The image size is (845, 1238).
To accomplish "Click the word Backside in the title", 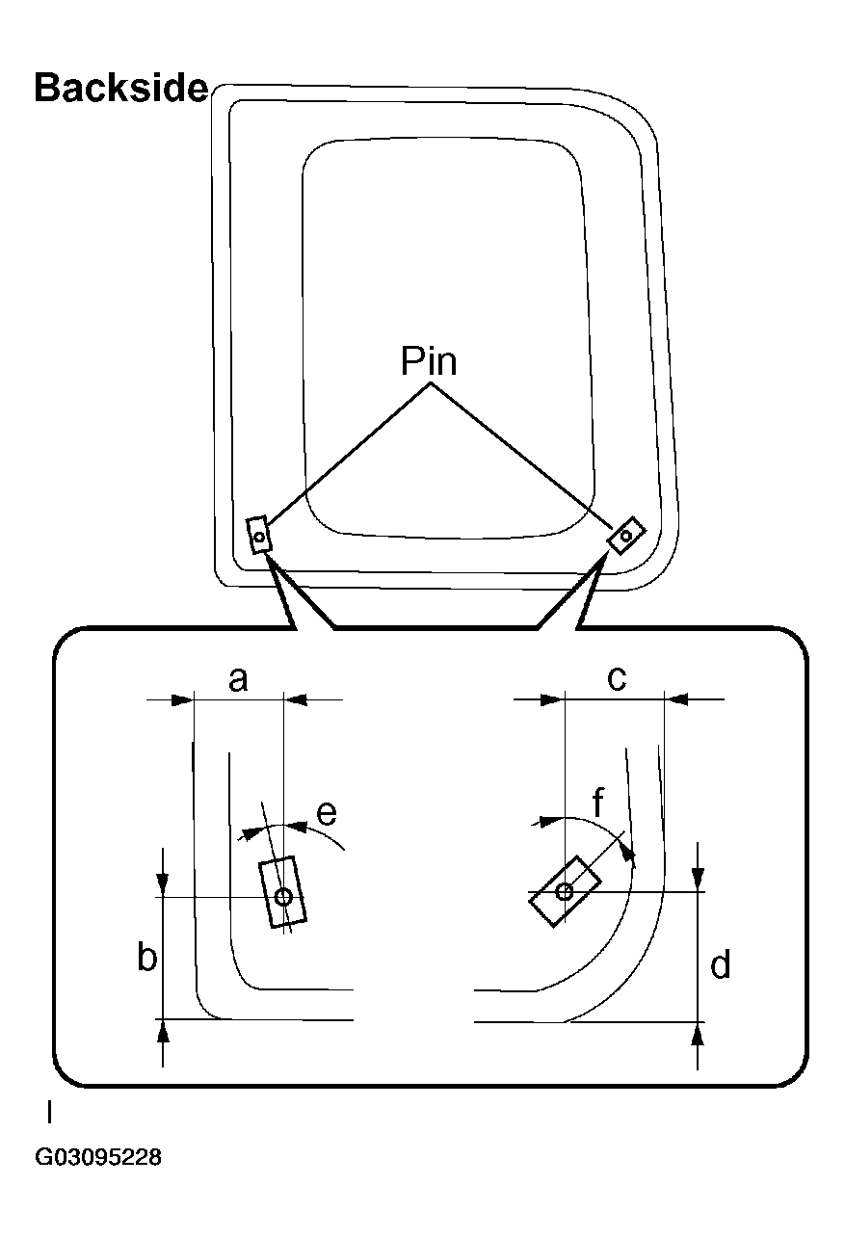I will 120,88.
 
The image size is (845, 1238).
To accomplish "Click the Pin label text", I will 429,361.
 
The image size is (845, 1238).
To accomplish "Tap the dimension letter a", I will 238,680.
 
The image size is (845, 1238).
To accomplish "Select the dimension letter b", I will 146,959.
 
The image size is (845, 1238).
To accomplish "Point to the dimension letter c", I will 617,679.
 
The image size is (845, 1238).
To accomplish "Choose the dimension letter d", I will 721,964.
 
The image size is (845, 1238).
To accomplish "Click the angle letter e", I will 327,813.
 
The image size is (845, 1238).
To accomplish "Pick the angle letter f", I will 597,803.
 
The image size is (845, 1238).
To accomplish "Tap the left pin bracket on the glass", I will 259,535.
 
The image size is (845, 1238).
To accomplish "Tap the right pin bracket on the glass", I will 625,536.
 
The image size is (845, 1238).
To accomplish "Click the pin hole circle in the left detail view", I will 283,897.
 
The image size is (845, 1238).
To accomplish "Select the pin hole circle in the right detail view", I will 565,892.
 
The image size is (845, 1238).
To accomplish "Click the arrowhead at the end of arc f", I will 629,852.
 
